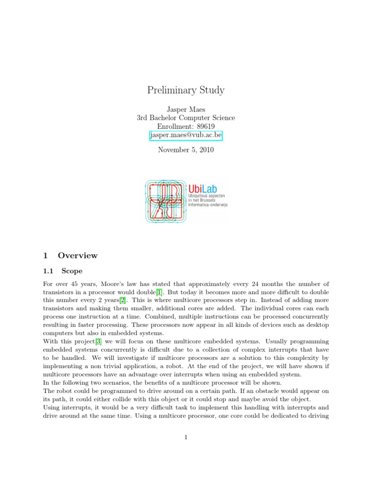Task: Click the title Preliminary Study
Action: (x=186, y=90)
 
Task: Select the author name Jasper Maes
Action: (x=186, y=109)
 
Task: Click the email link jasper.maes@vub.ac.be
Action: (x=186, y=136)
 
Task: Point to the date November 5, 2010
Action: (x=186, y=150)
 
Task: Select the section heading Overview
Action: (x=77, y=255)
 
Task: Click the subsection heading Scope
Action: (x=72, y=271)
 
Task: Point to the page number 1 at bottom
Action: (x=186, y=437)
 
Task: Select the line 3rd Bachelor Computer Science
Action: (x=186, y=118)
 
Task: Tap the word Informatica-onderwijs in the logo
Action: (x=208, y=205)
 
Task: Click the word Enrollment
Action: (x=175, y=126)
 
